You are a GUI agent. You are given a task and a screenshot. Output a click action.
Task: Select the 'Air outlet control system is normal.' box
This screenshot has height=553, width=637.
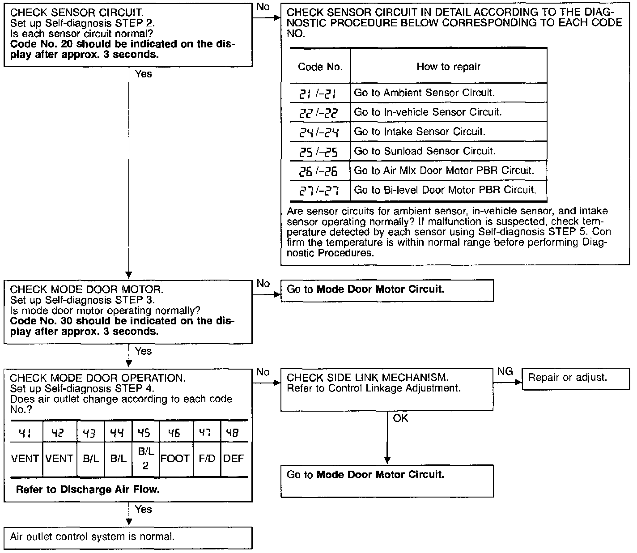(128, 537)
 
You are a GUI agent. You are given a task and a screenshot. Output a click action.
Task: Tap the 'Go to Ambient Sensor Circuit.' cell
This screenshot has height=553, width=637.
(448, 93)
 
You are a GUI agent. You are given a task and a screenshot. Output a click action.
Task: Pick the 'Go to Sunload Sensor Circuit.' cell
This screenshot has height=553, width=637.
(448, 151)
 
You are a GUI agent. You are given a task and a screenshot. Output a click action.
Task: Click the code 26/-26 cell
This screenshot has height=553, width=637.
(319, 171)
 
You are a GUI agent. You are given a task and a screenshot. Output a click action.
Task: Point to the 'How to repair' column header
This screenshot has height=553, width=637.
(448, 67)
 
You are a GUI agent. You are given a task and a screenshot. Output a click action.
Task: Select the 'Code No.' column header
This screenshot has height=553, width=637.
(320, 67)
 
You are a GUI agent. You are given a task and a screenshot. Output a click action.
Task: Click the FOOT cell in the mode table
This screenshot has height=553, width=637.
(175, 459)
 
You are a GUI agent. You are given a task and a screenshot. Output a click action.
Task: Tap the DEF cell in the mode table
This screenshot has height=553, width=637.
(234, 459)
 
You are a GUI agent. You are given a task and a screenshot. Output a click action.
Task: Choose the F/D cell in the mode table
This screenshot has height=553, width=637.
(207, 459)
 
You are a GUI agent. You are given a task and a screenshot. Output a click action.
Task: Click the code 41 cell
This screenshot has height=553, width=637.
(24, 433)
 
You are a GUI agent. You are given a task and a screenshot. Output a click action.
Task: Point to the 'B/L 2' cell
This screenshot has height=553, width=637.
(145, 459)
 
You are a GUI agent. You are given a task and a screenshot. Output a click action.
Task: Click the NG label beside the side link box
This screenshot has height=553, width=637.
(505, 372)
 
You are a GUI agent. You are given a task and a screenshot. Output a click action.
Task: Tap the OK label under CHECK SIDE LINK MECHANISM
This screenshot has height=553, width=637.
(400, 419)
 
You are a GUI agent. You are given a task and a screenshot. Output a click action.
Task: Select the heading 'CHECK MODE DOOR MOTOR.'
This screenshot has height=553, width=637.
(83, 289)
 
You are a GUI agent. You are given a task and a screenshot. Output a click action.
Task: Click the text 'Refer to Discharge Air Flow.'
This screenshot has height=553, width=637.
(88, 489)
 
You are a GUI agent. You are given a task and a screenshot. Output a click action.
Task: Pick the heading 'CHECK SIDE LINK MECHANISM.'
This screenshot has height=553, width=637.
(367, 378)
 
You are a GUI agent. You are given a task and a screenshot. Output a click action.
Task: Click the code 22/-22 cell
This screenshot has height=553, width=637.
(319, 113)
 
